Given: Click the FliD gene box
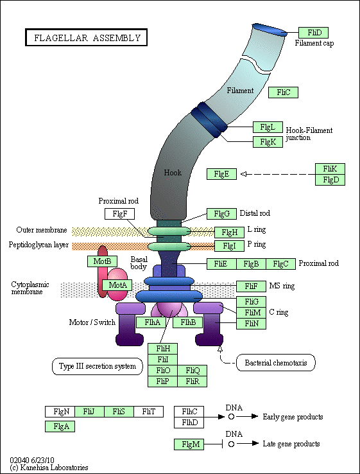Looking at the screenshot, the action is tap(313, 33).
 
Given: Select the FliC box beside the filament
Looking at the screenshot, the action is tap(283, 92).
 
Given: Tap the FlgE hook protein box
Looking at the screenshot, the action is tap(221, 174).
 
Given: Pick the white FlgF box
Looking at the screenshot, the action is tap(119, 214).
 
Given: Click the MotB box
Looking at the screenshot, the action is tap(102, 261).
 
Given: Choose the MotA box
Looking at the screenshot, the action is tap(117, 285).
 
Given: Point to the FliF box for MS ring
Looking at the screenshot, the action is tap(252, 286).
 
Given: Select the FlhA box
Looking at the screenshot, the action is tap(151, 322).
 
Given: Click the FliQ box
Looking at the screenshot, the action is tap(193, 371).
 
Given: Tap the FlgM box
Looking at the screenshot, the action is tap(189, 444).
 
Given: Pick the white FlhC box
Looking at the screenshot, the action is tap(189, 412).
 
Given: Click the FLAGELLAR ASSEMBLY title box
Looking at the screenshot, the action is tap(87, 37).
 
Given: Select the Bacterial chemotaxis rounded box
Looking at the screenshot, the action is tap(275, 363).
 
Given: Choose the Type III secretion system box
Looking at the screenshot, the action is tap(98, 366).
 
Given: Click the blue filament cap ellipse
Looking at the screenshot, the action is tap(270, 30).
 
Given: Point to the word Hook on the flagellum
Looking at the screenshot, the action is tap(173, 173).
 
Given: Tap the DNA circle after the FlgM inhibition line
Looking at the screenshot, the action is tap(232, 444).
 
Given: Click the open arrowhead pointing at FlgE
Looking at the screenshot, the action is tap(244, 174).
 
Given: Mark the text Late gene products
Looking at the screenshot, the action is tap(291, 444).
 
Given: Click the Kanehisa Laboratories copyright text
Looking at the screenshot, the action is tap(49, 468).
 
